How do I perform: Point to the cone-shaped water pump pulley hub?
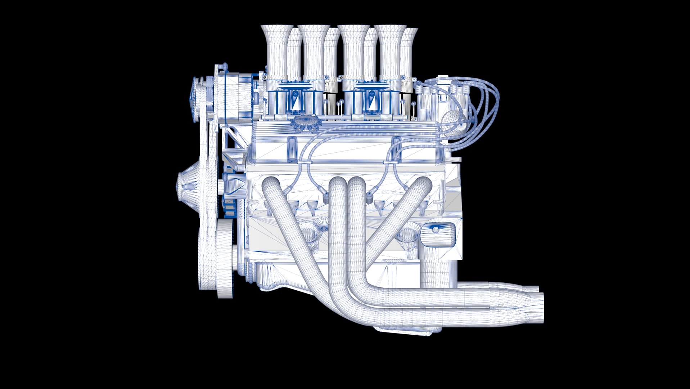(x=187, y=186)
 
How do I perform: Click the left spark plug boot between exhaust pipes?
(x=326, y=198)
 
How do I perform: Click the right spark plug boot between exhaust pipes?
(x=369, y=196)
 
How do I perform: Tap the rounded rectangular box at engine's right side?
(x=437, y=234)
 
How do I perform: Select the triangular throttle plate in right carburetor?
(x=373, y=104)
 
